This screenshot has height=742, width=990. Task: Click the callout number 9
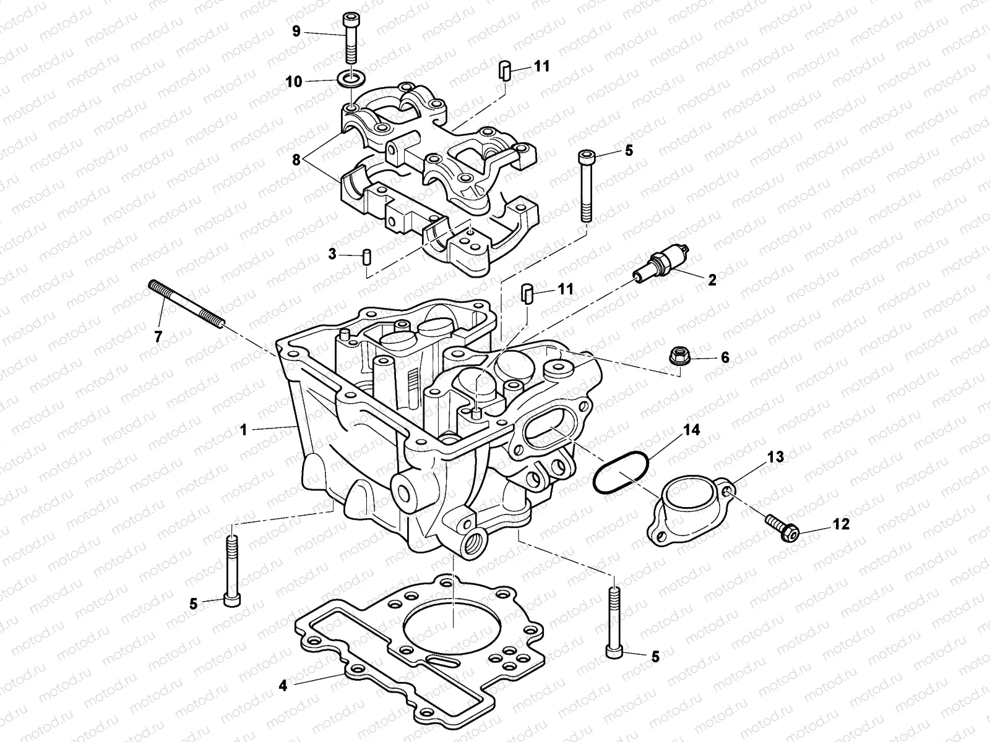coord(296,31)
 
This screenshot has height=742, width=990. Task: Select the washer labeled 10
coord(350,79)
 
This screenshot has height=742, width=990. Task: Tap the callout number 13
coord(775,457)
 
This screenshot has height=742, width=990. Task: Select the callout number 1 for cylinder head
coord(244,429)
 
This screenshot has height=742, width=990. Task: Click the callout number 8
coord(296,159)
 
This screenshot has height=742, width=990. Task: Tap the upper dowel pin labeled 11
coord(504,70)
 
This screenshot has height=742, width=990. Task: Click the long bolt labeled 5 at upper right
coord(585,185)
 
